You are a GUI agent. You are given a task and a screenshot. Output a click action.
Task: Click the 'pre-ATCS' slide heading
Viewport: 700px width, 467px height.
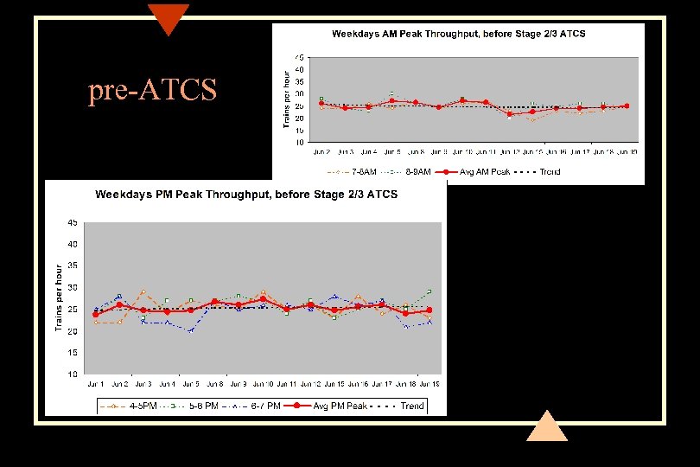152,91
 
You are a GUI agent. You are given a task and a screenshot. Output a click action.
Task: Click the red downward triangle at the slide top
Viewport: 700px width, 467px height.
168,17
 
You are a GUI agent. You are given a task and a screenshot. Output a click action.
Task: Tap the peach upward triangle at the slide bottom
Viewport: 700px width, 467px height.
546,427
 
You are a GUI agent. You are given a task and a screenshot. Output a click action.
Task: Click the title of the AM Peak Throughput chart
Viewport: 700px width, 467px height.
458,34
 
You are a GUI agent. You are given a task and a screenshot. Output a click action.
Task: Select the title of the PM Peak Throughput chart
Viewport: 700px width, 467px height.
246,194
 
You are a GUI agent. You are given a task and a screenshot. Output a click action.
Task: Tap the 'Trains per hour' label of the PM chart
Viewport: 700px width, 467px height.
59,298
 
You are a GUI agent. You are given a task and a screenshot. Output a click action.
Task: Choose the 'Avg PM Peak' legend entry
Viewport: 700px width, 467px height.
331,406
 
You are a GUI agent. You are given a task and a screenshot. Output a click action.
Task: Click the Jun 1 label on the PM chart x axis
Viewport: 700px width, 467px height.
95,383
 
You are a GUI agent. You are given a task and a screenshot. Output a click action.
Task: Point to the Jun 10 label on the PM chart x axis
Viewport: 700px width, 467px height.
263,383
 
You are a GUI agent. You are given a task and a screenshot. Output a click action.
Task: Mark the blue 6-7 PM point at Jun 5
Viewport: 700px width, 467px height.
191,330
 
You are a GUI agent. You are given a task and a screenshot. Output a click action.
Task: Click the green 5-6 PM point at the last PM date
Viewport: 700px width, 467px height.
429,291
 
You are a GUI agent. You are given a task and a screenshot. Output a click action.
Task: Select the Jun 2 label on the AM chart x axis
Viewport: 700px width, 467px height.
321,151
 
